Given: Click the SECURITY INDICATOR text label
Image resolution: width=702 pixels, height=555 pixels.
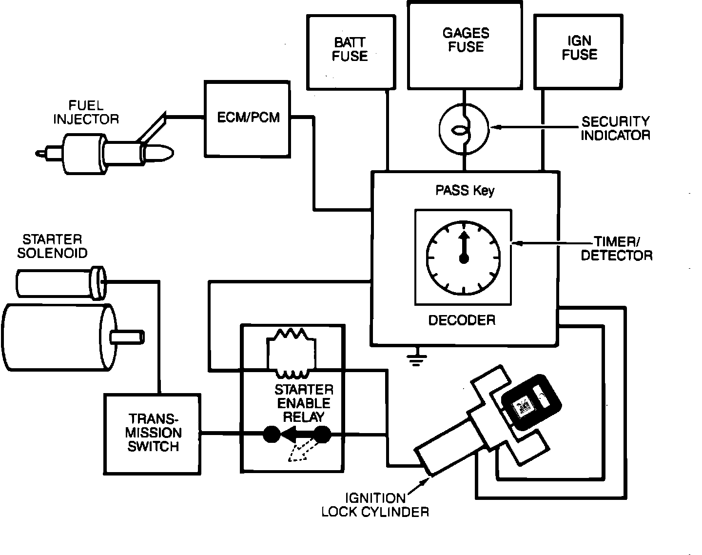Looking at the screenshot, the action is [x=615, y=128].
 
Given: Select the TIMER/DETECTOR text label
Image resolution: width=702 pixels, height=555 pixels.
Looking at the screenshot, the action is [x=617, y=248].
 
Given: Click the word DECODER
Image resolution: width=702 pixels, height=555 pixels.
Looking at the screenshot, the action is [x=462, y=320].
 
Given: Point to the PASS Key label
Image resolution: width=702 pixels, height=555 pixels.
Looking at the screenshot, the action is [x=465, y=191].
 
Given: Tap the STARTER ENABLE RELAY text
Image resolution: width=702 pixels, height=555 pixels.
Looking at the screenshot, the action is [x=304, y=403].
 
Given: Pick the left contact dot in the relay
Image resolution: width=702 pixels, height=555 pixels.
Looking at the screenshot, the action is [x=272, y=434].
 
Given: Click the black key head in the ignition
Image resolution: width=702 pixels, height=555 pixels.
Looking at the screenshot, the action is [x=531, y=402].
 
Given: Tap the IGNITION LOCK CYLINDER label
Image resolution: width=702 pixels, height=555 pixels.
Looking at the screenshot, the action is [x=375, y=505].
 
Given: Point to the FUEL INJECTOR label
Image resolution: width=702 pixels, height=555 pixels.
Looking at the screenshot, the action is [x=86, y=112].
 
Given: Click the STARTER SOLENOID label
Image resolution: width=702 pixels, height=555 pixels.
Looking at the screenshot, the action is [x=52, y=246].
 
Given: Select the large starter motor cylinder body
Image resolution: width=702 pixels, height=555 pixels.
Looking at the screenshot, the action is [x=58, y=337].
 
